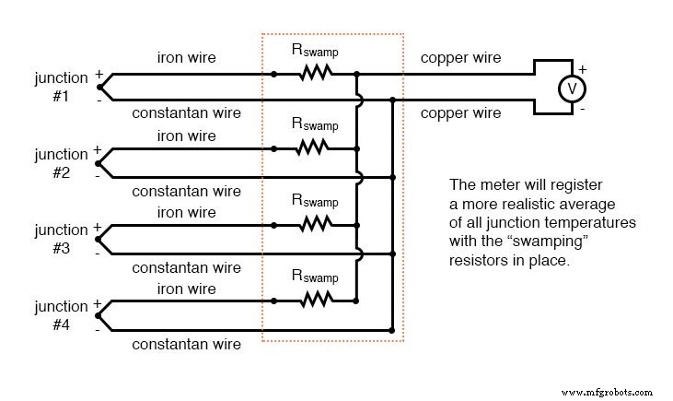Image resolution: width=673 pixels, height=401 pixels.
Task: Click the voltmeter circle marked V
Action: (x=572, y=88)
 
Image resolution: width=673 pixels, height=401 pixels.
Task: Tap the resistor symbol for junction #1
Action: (x=315, y=74)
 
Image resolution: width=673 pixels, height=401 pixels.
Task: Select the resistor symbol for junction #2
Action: (x=315, y=147)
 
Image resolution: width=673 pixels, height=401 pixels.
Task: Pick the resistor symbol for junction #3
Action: (x=315, y=222)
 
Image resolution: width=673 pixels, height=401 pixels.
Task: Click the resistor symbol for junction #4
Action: (x=315, y=299)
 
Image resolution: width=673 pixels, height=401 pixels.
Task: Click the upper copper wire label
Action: (x=460, y=58)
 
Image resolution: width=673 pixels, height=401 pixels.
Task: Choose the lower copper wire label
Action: (x=460, y=113)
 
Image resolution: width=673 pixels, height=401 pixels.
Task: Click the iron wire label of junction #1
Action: (x=187, y=58)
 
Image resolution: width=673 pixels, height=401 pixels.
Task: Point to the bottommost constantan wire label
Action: (x=187, y=345)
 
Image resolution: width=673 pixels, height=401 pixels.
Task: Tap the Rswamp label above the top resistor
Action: (x=315, y=48)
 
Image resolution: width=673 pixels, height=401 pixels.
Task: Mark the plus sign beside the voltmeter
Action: (x=581, y=68)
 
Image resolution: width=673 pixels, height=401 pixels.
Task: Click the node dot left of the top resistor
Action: (x=273, y=74)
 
